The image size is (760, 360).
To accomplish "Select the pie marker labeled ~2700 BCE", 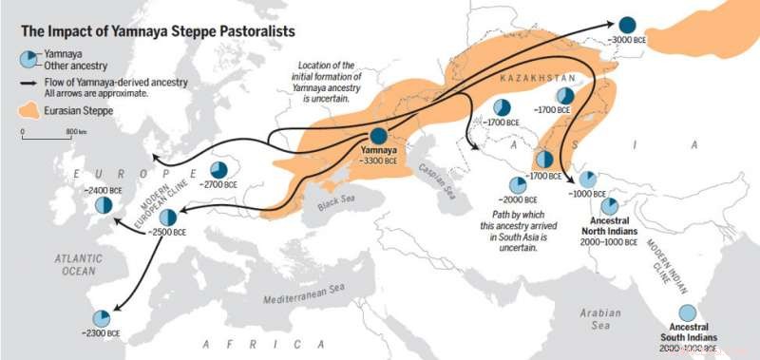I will click(x=218, y=170).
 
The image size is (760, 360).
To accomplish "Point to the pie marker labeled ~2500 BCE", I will click(x=168, y=218).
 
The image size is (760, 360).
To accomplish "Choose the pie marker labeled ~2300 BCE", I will click(x=101, y=317).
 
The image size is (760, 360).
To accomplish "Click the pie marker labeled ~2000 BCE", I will click(x=517, y=186).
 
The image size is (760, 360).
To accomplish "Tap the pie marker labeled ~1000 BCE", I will click(x=588, y=180).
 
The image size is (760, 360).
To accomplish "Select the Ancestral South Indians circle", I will click(x=687, y=313).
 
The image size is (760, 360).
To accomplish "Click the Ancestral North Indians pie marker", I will click(x=609, y=206).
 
